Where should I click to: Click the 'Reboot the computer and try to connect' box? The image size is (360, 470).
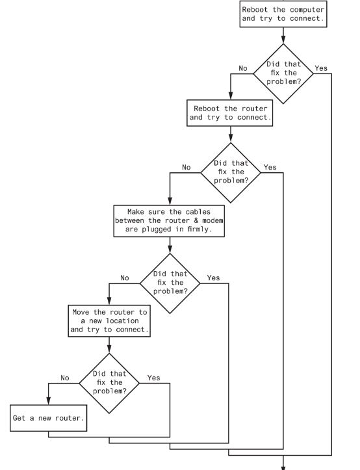click(283, 14)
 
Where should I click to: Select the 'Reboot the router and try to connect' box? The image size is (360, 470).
click(230, 112)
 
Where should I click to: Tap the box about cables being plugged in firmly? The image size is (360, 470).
click(169, 220)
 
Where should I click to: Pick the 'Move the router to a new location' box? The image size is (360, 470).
click(109, 320)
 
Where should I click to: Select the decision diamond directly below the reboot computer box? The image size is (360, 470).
click(282, 73)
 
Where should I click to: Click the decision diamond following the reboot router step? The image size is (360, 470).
click(230, 172)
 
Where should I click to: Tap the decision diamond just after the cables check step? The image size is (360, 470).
click(170, 282)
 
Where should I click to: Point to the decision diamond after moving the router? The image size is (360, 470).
click(109, 382)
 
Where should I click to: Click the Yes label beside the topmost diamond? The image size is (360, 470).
click(322, 68)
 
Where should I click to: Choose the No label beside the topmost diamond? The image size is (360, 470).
click(242, 68)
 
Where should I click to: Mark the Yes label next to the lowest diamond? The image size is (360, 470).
click(153, 377)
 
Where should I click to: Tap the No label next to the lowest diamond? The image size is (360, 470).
click(65, 377)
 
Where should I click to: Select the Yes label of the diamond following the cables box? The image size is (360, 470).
click(213, 278)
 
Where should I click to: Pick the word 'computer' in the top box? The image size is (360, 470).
click(304, 9)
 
